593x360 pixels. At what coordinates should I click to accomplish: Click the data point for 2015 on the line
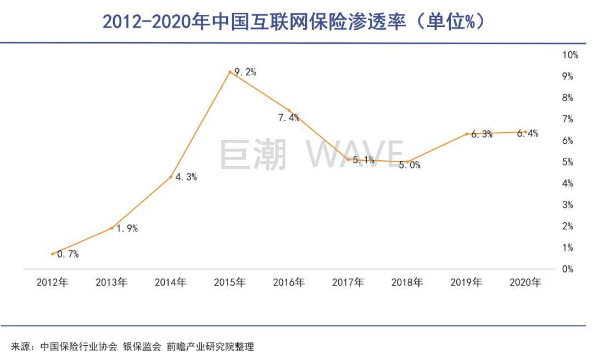[230, 72]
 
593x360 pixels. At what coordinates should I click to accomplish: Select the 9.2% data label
[245, 72]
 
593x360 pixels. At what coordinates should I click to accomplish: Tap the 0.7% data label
[68, 254]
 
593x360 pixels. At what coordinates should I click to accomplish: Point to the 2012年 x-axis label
[53, 283]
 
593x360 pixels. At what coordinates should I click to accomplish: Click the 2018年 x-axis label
[407, 283]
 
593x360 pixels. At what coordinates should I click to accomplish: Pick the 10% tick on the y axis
[570, 55]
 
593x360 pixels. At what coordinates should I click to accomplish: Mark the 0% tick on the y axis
[567, 269]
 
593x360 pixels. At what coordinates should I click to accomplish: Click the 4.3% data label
[186, 177]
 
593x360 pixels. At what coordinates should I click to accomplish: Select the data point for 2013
[111, 228]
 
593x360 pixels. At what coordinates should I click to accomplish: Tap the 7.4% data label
[289, 117]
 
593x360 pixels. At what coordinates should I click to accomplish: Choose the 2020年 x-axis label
[525, 283]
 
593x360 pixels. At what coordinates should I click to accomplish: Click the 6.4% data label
[528, 133]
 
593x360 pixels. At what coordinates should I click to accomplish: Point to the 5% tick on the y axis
[567, 162]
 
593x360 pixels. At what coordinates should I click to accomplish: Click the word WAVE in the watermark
[355, 154]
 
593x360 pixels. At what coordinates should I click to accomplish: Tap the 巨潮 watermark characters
[253, 154]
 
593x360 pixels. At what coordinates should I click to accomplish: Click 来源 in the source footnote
[20, 347]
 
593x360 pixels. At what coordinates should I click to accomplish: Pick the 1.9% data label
[126, 229]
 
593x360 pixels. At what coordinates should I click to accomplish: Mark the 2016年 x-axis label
[289, 283]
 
